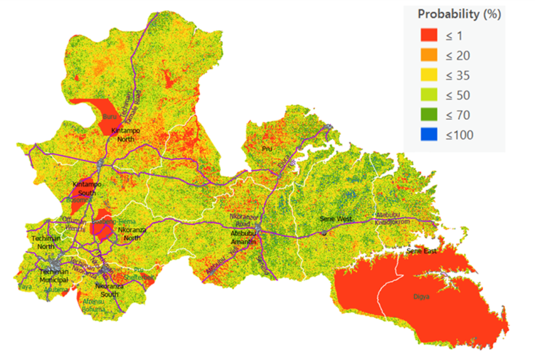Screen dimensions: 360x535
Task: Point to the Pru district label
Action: point(267,149)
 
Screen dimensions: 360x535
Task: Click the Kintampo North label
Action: point(125,135)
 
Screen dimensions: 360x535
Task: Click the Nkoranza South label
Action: point(108,291)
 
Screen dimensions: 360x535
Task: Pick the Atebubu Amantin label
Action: point(243,238)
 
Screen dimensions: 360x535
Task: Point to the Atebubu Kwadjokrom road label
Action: point(398,219)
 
